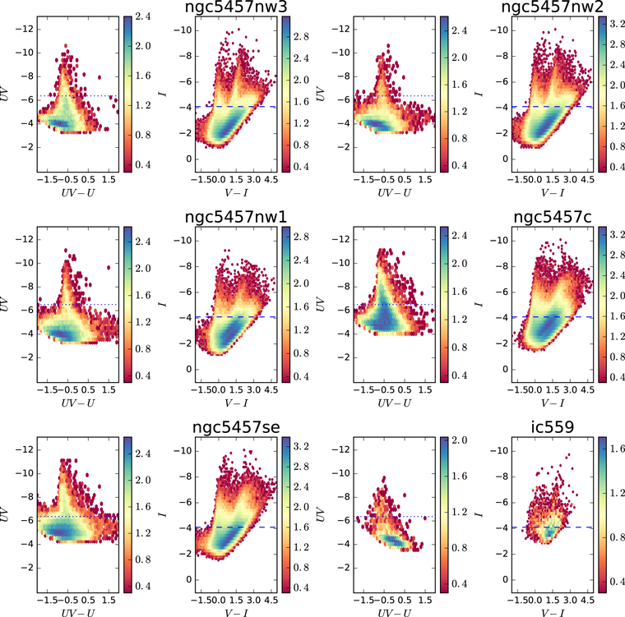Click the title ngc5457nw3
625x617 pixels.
click(235, 7)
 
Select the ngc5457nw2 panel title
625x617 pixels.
click(552, 7)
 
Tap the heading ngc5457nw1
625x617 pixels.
click(235, 217)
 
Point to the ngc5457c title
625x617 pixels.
click(553, 217)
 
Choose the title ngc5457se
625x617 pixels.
click(236, 427)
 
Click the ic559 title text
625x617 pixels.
click(553, 427)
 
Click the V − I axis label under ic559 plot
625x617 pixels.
click(553, 613)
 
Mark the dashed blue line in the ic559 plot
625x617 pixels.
click(552, 527)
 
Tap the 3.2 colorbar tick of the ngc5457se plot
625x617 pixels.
click(301, 446)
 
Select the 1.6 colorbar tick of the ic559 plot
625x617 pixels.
click(618, 449)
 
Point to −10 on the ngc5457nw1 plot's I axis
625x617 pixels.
click(183, 241)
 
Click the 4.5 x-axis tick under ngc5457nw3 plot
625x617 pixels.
click(271, 179)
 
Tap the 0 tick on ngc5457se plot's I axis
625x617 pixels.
click(189, 579)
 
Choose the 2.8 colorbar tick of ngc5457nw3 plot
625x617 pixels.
click(301, 37)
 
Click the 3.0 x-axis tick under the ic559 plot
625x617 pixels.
click(570, 600)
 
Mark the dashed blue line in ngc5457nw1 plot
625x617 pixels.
click(235, 317)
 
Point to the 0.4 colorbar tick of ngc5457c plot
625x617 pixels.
click(618, 377)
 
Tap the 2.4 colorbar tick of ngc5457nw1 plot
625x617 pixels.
click(301, 260)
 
